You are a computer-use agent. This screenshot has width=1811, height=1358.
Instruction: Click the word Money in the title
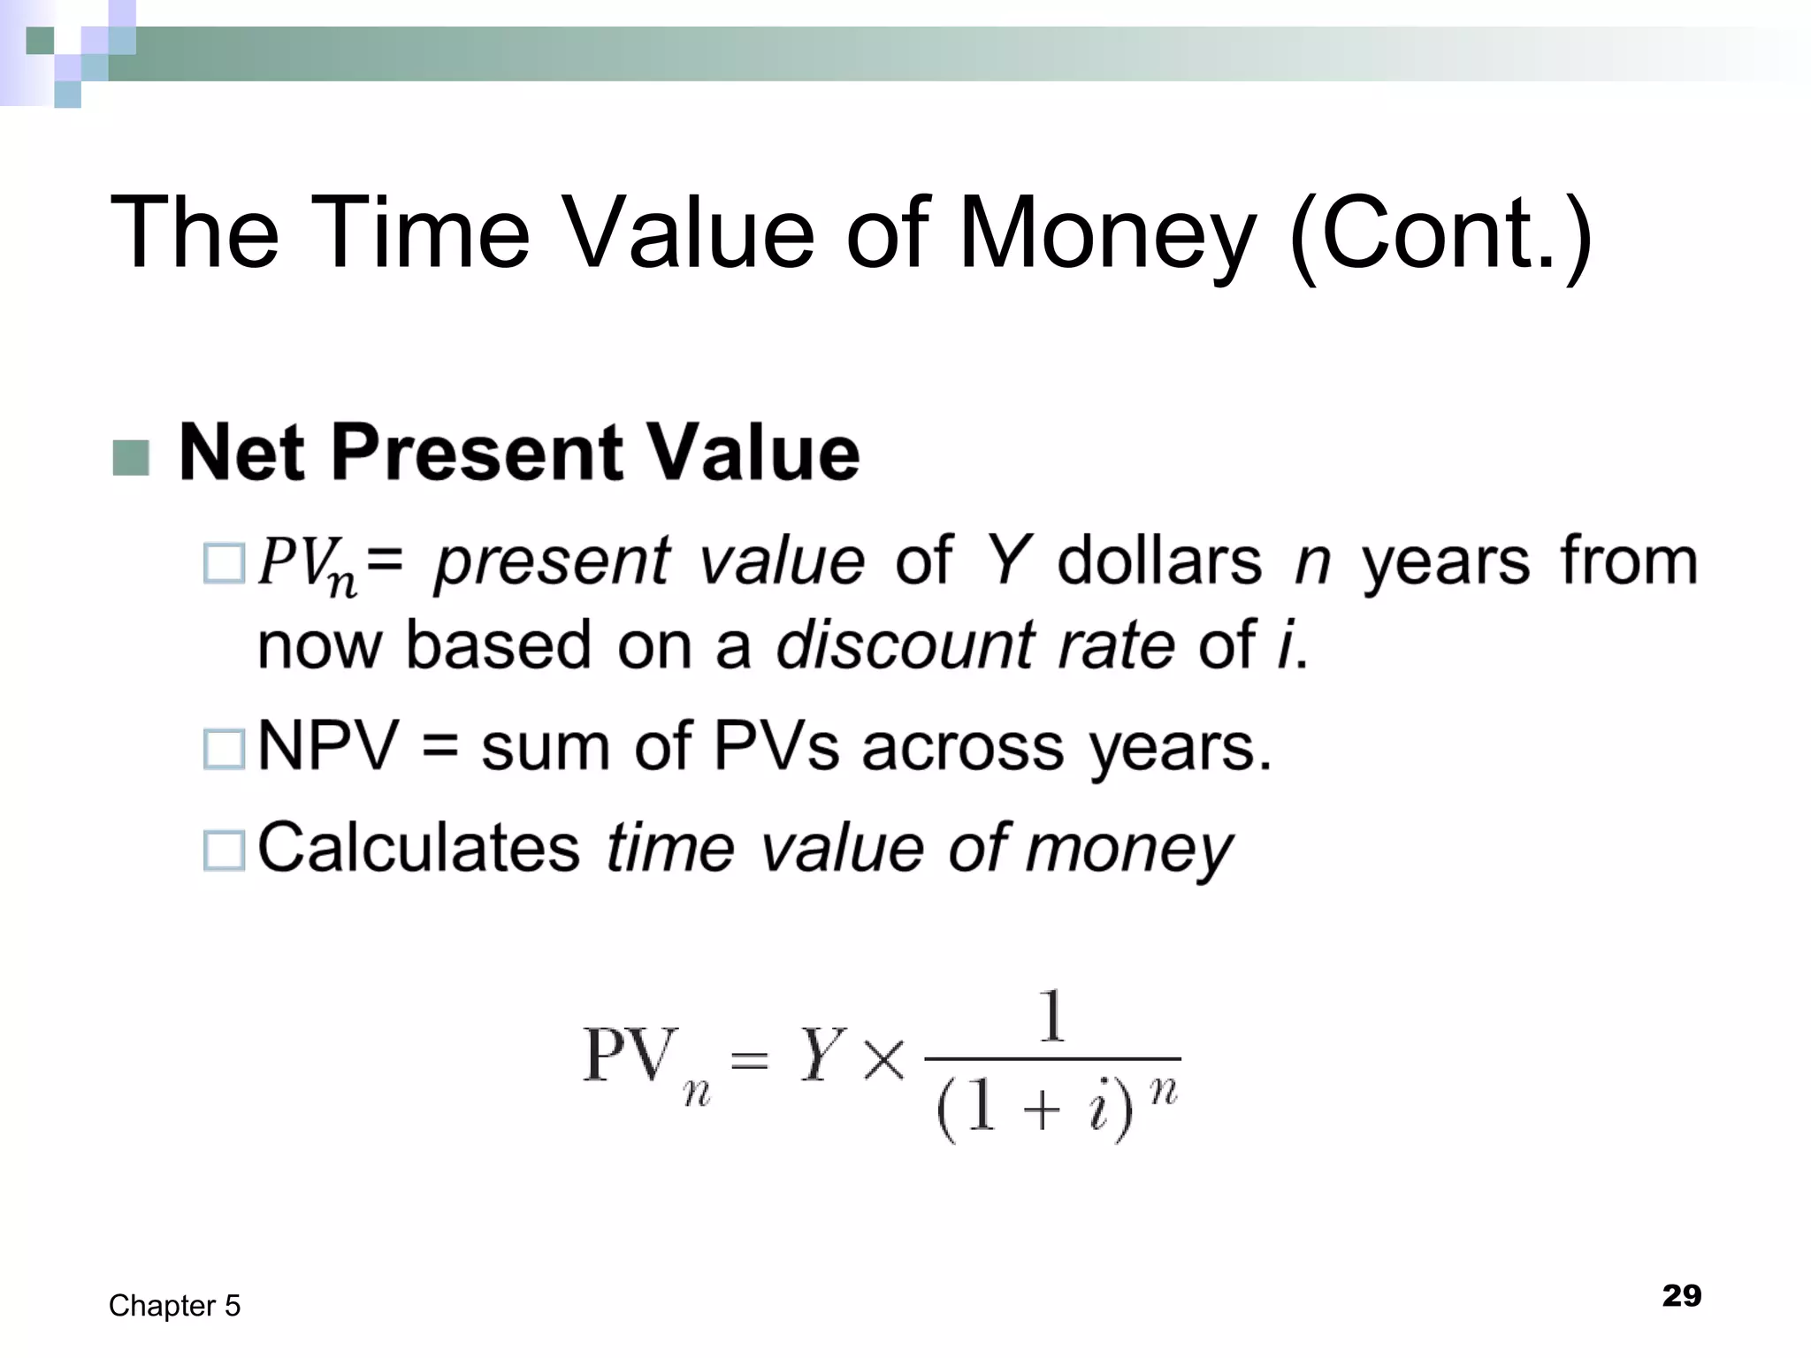[1106, 233]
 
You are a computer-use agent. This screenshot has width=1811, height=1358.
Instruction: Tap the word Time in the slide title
[419, 232]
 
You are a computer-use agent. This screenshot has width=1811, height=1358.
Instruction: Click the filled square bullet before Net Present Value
[131, 457]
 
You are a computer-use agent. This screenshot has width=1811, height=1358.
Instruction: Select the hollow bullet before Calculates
[224, 850]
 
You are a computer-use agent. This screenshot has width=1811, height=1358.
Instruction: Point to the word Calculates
[418, 848]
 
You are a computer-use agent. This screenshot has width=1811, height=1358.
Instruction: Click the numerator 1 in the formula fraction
[1051, 1016]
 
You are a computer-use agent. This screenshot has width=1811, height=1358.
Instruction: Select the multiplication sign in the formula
[884, 1059]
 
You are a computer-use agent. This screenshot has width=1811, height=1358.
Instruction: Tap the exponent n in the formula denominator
[1164, 1093]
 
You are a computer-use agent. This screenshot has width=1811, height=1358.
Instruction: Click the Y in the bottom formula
[821, 1056]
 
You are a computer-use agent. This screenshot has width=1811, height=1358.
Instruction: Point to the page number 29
[1681, 1295]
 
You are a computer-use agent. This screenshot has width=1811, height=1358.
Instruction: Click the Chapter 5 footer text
[174, 1306]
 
